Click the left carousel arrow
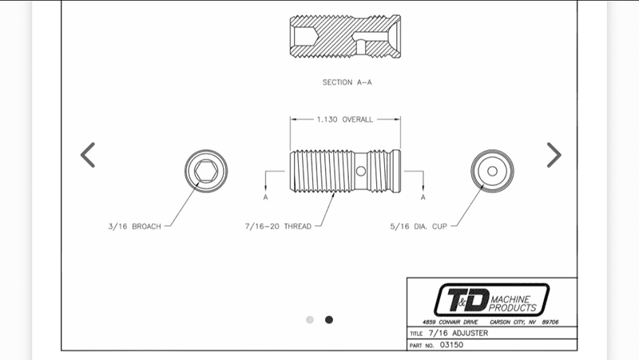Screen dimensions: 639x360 coord(88,155)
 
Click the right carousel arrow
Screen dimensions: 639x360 coord(554,155)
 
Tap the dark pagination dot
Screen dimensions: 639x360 coord(329,319)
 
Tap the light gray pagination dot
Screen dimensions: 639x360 coord(310,319)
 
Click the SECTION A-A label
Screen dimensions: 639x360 coord(347,82)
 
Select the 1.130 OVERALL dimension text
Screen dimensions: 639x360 coord(345,119)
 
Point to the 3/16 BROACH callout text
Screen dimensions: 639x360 coord(134,227)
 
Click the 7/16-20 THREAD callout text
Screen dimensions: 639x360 coord(278,227)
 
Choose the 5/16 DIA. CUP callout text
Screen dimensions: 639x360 coord(419,227)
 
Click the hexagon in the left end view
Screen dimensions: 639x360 coord(206,171)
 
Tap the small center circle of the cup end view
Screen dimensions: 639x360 coord(492,171)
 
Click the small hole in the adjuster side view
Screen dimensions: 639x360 coord(361,171)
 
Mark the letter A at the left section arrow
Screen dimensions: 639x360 coord(266,197)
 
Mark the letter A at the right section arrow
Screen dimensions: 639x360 coord(423,197)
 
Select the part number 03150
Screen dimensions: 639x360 coord(451,345)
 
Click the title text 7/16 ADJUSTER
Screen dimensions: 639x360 coord(458,333)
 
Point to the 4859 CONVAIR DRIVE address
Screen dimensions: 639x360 coord(450,322)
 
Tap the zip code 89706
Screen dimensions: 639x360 coord(550,322)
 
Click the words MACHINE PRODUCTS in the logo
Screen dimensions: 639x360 coord(513,304)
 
